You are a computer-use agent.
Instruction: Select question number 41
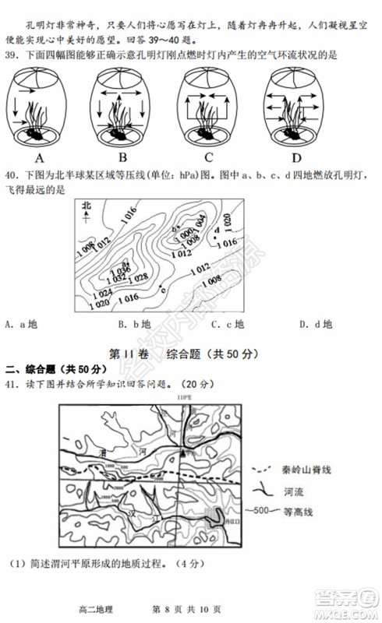click(x=12, y=383)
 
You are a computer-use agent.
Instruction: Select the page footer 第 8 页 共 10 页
click(x=188, y=609)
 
